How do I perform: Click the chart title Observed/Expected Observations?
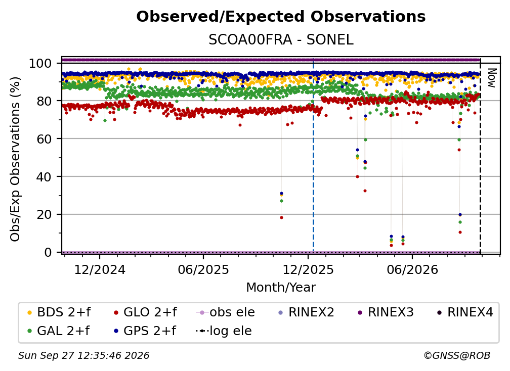click(281, 17)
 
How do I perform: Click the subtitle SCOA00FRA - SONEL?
click(281, 40)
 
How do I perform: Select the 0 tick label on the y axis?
click(48, 252)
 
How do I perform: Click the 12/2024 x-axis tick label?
click(100, 269)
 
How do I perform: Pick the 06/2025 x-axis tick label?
click(203, 269)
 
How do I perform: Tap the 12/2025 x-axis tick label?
click(308, 269)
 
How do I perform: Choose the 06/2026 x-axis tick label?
click(412, 269)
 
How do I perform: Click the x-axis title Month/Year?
click(281, 287)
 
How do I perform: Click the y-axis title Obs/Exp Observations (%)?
click(15, 159)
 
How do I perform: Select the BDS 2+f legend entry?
click(59, 312)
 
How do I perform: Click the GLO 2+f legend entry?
click(145, 312)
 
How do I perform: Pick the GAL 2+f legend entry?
click(59, 331)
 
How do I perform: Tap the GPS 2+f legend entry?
click(145, 331)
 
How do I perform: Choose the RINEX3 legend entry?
click(386, 312)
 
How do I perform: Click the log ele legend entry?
click(224, 331)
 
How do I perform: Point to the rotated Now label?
click(491, 78)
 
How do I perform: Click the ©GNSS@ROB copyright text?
click(457, 355)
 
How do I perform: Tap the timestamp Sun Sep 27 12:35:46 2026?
click(83, 355)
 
